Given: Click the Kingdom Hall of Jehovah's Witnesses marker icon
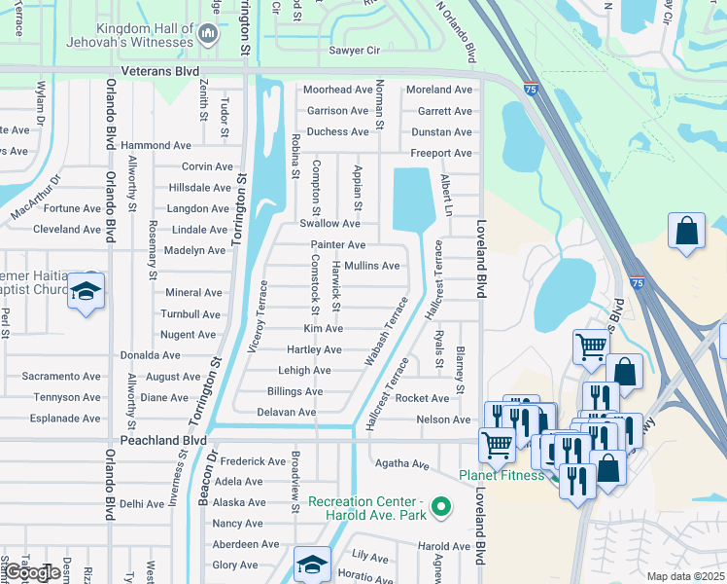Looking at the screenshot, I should tap(206, 35).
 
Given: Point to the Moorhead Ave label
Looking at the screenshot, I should tap(337, 90).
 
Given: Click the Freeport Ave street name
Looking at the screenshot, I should tap(440, 154).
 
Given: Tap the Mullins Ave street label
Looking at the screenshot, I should tap(371, 266).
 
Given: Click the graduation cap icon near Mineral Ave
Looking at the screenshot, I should tap(87, 291).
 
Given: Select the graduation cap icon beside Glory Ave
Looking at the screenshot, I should tap(312, 564).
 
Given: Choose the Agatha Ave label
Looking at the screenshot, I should tap(407, 465).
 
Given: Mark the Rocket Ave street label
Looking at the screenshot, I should tap(422, 398).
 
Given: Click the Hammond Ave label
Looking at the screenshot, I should tap(156, 145).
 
